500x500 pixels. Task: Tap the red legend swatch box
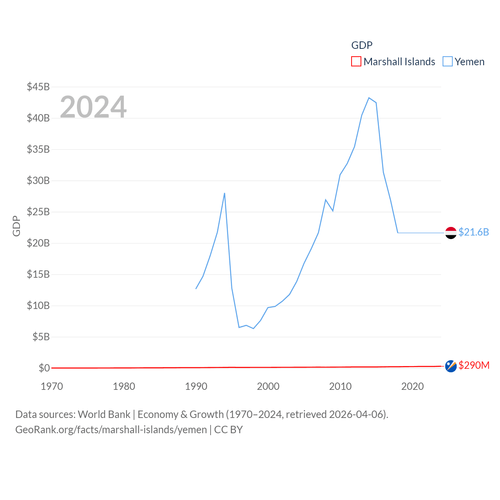(x=356, y=62)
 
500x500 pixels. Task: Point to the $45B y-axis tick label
(x=38, y=87)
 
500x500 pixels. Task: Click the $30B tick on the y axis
(x=38, y=180)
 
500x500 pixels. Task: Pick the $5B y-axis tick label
(x=41, y=337)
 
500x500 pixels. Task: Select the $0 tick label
(x=44, y=368)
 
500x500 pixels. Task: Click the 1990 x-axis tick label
(x=196, y=386)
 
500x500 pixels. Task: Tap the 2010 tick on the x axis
(x=340, y=386)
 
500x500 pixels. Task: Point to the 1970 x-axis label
(x=52, y=386)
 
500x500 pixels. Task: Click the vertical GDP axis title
(x=16, y=226)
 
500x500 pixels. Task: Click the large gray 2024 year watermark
(x=93, y=107)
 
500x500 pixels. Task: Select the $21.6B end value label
(x=473, y=232)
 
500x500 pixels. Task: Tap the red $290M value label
(x=474, y=365)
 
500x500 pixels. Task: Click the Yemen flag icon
(x=451, y=233)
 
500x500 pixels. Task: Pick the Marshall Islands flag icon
(x=451, y=366)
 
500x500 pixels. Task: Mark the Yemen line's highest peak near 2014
(x=369, y=98)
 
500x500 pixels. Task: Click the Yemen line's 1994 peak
(x=225, y=193)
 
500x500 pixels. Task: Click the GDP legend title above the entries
(x=362, y=45)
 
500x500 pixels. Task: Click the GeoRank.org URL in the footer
(x=111, y=430)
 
